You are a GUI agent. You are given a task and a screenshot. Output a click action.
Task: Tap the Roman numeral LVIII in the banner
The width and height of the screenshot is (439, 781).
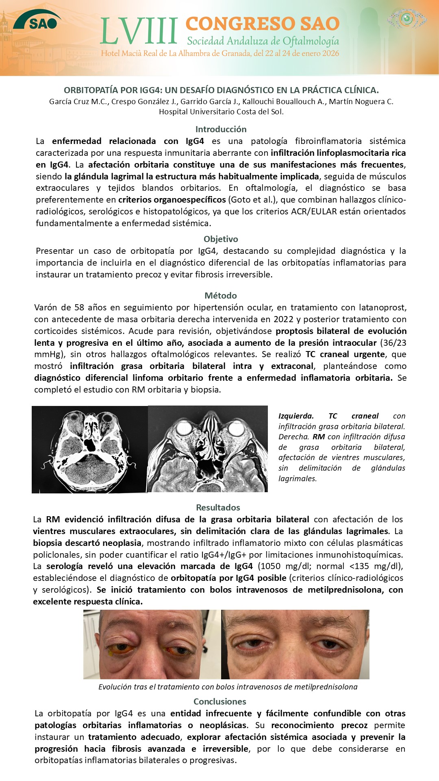pos(139,31)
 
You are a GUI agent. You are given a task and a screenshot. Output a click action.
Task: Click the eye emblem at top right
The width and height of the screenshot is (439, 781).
pos(406,18)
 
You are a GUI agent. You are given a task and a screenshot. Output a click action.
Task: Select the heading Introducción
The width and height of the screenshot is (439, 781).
pos(221,129)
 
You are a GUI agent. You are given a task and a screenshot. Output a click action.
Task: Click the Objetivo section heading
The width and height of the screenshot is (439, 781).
pos(221,239)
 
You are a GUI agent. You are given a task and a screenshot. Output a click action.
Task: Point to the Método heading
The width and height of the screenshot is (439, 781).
pos(221,296)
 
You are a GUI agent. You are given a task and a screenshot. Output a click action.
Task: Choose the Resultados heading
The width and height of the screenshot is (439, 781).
pos(218,508)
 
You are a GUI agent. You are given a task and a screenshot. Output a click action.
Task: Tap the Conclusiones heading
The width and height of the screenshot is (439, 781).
pos(219,702)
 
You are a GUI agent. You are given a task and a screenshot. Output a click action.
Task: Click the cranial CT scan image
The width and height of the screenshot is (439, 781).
pos(89,449)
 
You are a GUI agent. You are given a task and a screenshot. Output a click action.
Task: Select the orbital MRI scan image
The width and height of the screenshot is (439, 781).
pos(208,449)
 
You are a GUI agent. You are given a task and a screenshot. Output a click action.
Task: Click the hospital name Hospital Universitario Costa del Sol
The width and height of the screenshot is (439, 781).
pos(221,112)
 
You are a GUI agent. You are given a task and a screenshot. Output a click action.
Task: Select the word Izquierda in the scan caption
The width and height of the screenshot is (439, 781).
pos(296,416)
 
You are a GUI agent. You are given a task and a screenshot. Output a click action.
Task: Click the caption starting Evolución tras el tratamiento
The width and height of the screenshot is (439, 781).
pos(228,687)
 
